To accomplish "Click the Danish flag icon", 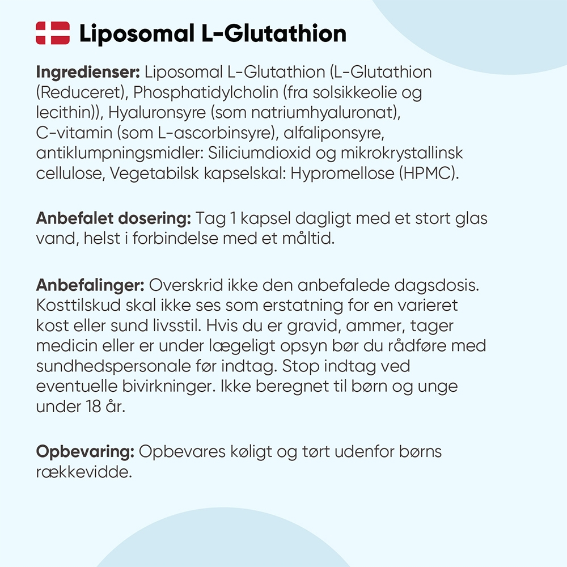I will (x=53, y=33).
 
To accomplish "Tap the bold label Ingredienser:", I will (x=88, y=73).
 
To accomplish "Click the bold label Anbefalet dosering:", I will (x=113, y=219).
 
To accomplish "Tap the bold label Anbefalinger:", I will (x=91, y=285).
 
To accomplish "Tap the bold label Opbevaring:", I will (x=85, y=452).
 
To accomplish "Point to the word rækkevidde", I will (x=83, y=472).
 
